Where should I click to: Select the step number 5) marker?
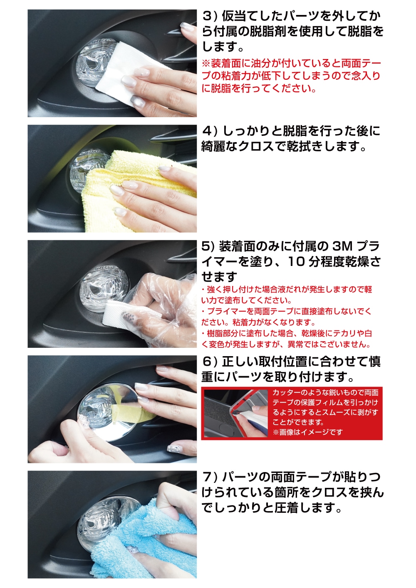point(208,246)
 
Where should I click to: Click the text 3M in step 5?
point(342,246)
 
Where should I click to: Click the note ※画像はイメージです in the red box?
point(308,432)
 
